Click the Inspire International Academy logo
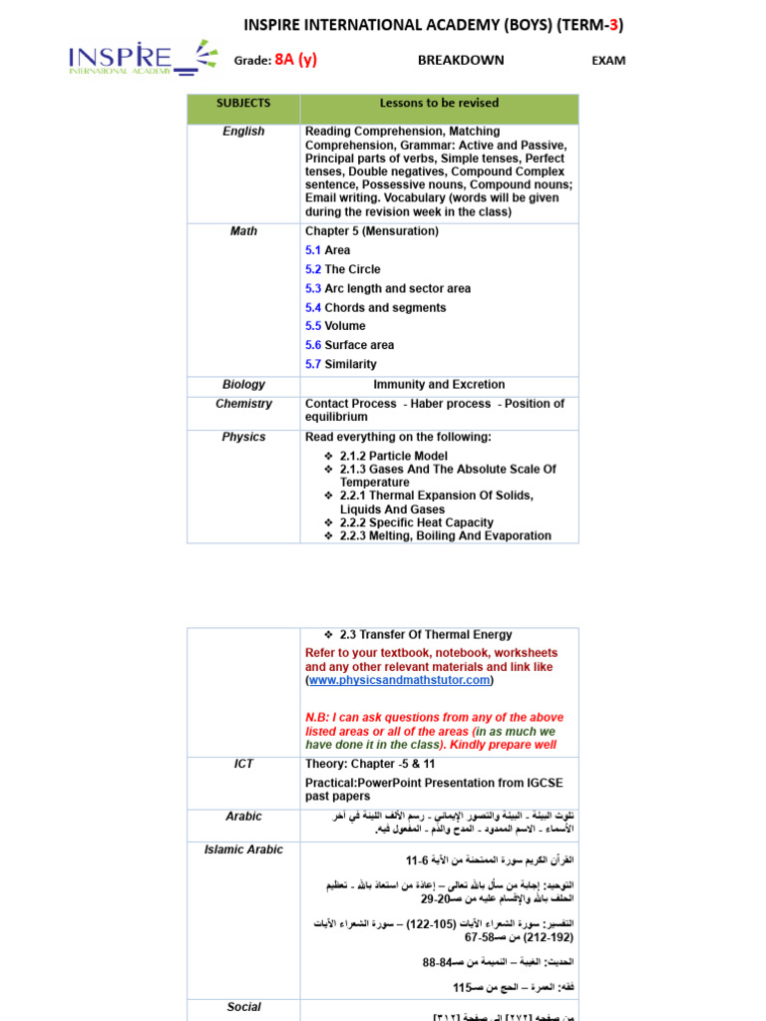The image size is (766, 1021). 142,59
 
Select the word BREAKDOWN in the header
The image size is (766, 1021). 461,60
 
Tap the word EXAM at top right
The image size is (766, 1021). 608,61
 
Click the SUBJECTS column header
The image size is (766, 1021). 243,104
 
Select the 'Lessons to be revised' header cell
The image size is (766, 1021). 439,104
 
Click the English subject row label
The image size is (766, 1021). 243,132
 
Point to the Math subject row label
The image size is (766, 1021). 243,231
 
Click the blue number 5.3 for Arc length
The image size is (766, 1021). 313,289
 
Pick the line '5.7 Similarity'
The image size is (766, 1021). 341,365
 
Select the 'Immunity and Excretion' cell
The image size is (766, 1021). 439,385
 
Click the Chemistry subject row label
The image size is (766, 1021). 243,404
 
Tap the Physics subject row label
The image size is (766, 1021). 243,438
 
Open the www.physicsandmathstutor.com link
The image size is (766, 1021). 400,680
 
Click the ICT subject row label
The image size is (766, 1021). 243,765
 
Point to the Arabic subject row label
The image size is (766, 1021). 243,817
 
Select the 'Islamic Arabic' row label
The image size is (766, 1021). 243,851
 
